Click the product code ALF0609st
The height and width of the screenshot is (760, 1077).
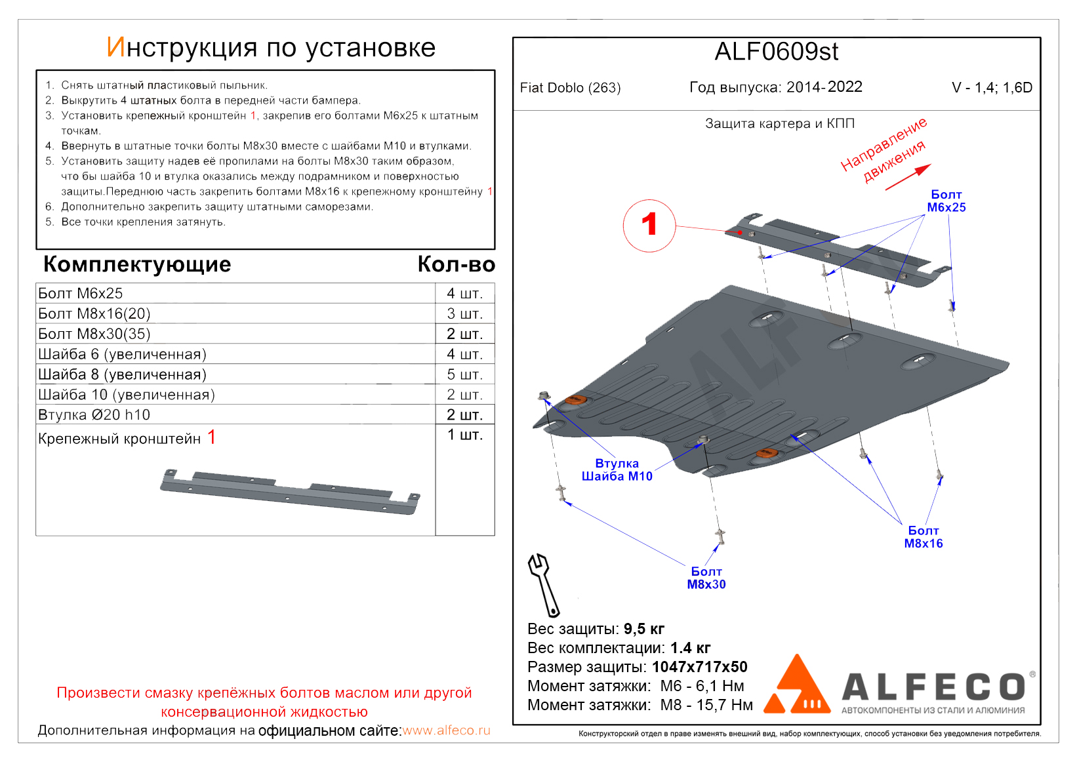(x=776, y=52)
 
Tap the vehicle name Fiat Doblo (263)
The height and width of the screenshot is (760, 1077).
(x=570, y=88)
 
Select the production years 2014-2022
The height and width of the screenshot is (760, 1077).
(x=824, y=87)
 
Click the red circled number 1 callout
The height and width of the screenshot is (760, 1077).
(x=649, y=225)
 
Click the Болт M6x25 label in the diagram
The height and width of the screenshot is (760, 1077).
(x=946, y=201)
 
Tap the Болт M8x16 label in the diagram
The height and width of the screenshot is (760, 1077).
(x=923, y=537)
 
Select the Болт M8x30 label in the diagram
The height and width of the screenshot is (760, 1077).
(x=706, y=578)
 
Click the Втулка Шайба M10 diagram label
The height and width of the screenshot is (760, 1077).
(x=617, y=470)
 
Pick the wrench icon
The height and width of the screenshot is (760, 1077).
(x=543, y=584)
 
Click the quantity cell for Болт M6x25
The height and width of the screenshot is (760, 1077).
(x=464, y=293)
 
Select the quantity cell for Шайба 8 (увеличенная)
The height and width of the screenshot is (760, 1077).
(x=464, y=374)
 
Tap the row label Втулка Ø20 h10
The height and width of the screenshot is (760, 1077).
(x=94, y=415)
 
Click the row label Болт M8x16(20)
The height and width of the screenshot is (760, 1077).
(x=94, y=313)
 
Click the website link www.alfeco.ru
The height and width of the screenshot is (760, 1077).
(x=446, y=730)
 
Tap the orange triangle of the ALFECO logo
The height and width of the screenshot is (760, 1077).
(x=796, y=686)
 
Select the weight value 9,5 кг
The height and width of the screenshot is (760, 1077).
(x=643, y=629)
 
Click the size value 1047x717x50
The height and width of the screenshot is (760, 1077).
(x=699, y=667)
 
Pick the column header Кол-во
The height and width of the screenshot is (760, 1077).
(x=456, y=264)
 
